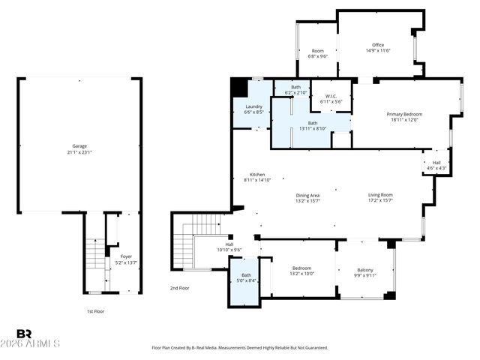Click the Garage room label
coord(79,145)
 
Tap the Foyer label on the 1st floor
coord(126,256)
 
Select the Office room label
coord(378,45)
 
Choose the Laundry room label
coord(253,106)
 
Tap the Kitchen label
coord(257,175)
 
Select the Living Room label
coord(380,195)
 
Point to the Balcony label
coord(365,270)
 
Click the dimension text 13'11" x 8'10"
coord(313,128)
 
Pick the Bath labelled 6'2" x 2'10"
coord(296,88)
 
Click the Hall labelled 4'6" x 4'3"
coord(436,163)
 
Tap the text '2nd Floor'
coord(180,288)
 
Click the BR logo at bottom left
coord(24,333)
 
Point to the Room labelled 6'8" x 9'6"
coord(318,51)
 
